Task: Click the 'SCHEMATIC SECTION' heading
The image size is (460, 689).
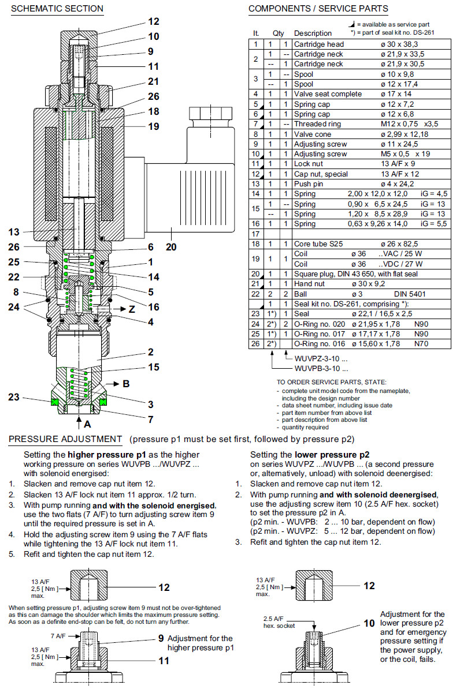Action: pos(57,9)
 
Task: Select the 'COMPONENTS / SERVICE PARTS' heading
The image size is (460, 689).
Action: pos(318,9)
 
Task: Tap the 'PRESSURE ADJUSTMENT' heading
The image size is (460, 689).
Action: pos(65,440)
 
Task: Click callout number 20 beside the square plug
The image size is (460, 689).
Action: pos(171,247)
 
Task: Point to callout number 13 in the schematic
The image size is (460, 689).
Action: pos(14,233)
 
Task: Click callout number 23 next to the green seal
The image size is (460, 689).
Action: pos(14,397)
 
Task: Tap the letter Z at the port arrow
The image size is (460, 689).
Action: pos(132,309)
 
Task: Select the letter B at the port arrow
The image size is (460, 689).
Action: pos(126,383)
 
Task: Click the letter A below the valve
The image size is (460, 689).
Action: pos(88,424)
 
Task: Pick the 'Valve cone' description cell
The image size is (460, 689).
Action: pos(313,134)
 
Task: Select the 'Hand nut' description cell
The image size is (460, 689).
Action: pos(309,284)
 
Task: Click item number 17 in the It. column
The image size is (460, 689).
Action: pos(256,234)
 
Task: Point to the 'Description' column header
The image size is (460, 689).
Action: pos(313,33)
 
